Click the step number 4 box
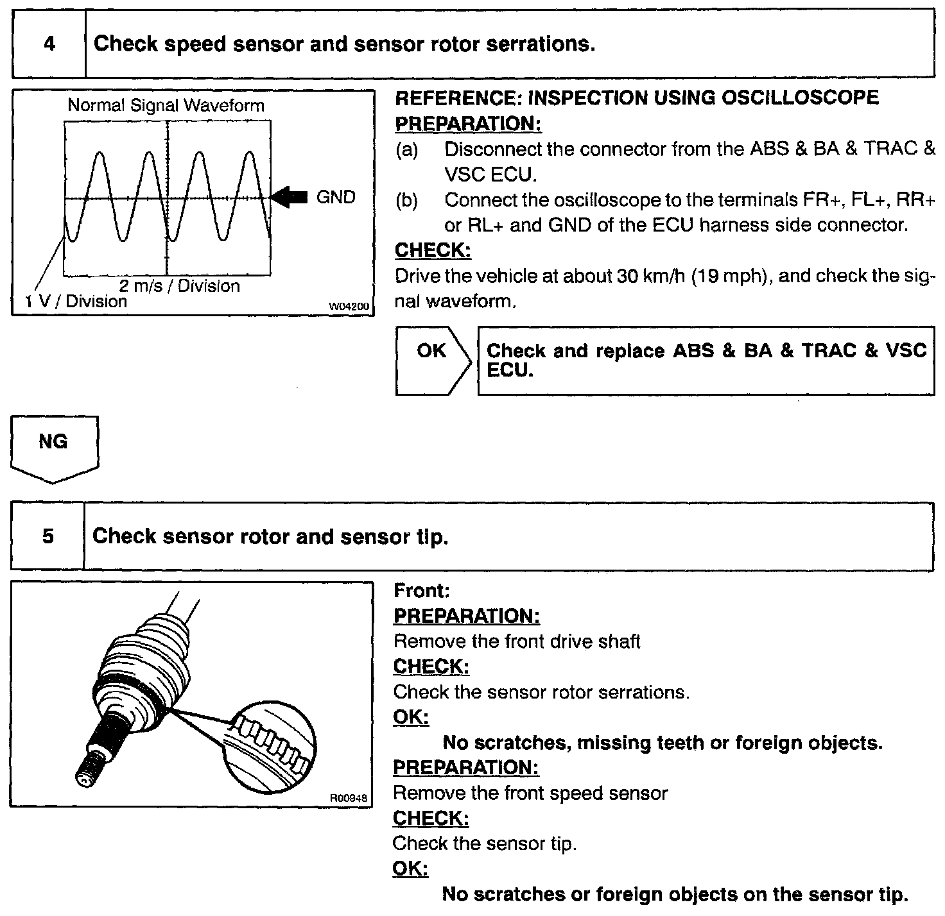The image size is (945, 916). (49, 44)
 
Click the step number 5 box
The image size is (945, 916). (48, 536)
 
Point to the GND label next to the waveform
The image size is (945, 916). (336, 198)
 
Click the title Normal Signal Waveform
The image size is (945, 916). (166, 106)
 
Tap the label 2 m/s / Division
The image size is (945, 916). (179, 286)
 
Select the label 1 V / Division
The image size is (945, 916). (76, 301)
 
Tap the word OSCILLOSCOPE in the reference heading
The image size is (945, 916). (800, 98)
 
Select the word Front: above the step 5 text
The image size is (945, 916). (421, 590)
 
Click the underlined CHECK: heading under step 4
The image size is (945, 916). (433, 251)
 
